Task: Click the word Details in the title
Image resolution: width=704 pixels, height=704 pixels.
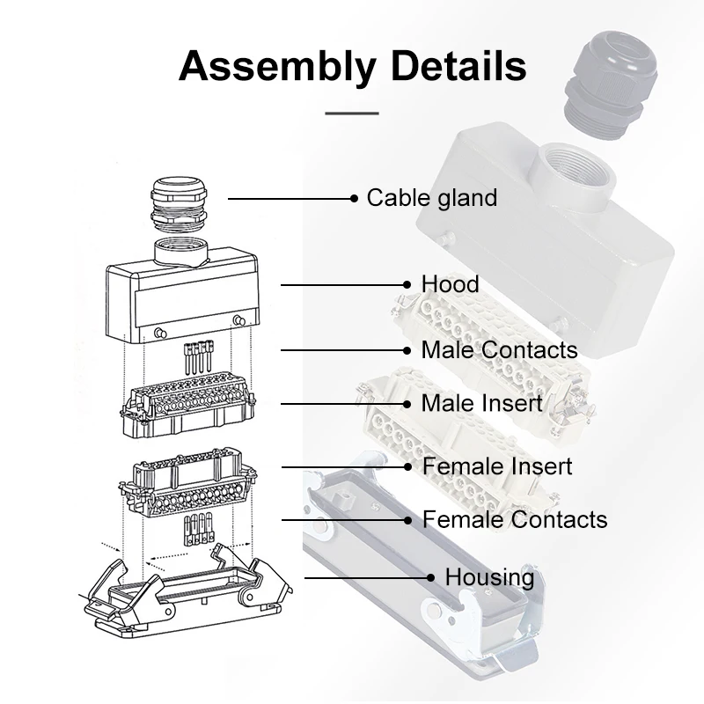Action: [456, 66]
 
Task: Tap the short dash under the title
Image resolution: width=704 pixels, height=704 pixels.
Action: [352, 113]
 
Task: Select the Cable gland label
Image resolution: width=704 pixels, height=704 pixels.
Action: [431, 198]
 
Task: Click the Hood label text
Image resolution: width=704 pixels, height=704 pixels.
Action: [450, 284]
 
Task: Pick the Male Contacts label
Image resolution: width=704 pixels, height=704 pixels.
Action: [499, 349]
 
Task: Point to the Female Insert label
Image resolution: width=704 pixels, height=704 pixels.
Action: [497, 466]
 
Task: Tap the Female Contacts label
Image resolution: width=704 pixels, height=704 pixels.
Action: [515, 519]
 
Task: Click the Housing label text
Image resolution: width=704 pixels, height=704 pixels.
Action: [489, 577]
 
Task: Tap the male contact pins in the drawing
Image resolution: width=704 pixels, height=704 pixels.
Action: [199, 357]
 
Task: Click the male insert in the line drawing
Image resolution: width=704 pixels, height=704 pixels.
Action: [187, 404]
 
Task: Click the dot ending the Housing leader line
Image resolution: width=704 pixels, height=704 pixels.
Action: [431, 577]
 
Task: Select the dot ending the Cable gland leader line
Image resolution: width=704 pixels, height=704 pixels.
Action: [355, 198]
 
